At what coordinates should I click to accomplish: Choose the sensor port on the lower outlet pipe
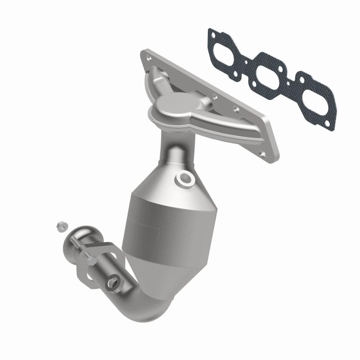112,283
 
